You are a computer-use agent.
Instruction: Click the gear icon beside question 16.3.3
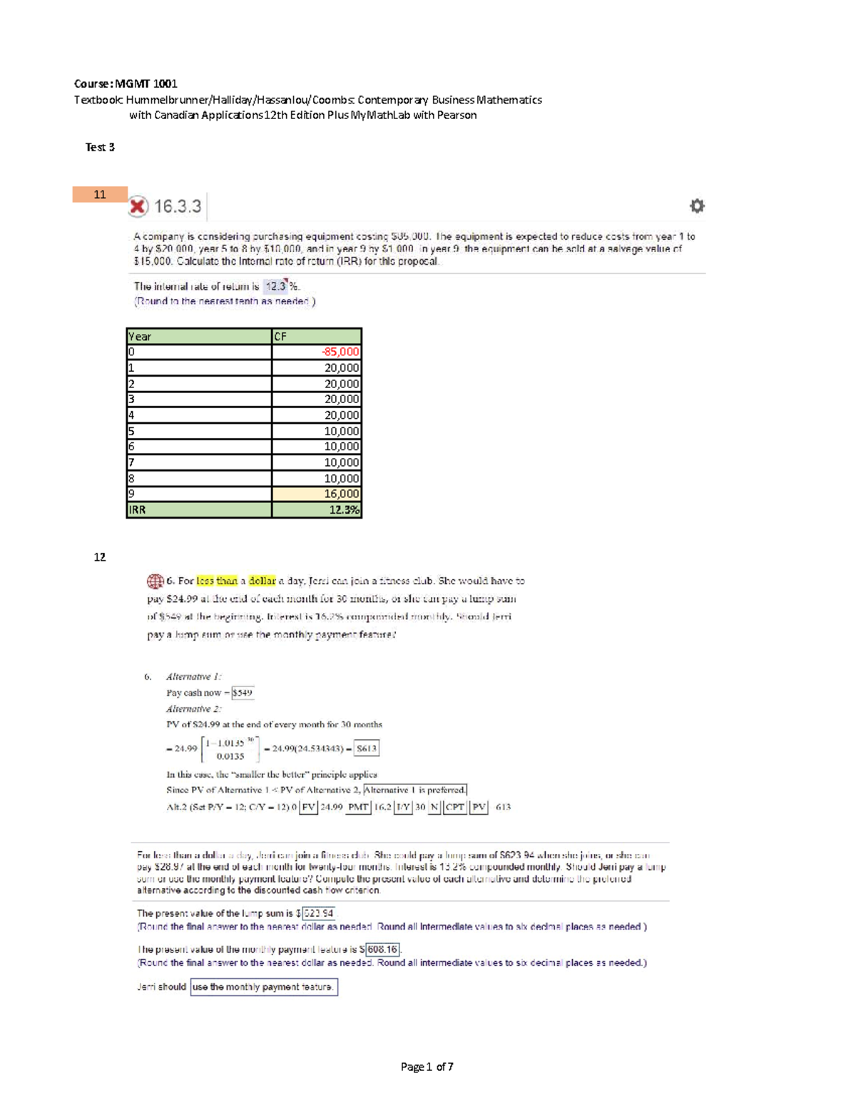tap(697, 206)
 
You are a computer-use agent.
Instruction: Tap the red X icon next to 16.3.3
tap(138, 206)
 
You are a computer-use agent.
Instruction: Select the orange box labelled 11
tap(100, 194)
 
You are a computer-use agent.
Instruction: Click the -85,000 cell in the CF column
tap(317, 352)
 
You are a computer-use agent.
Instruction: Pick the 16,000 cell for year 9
tap(317, 494)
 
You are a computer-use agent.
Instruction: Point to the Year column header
tap(199, 336)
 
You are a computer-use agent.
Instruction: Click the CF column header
tap(317, 336)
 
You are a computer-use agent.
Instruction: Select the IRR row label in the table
tap(199, 510)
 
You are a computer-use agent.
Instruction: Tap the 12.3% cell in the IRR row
tap(317, 510)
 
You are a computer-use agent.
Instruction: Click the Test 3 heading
tap(100, 147)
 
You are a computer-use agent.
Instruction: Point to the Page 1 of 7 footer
tap(427, 1067)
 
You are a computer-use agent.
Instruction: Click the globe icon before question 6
tap(155, 581)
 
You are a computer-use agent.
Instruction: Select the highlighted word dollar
tap(262, 581)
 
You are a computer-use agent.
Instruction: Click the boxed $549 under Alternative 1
tap(243, 693)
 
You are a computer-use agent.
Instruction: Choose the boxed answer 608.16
tap(382, 950)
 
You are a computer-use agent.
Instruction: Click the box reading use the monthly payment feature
tap(263, 987)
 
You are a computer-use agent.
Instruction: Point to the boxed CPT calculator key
tap(455, 807)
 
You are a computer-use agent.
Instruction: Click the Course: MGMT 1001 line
tap(126, 83)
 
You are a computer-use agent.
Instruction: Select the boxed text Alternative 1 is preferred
tap(414, 790)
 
